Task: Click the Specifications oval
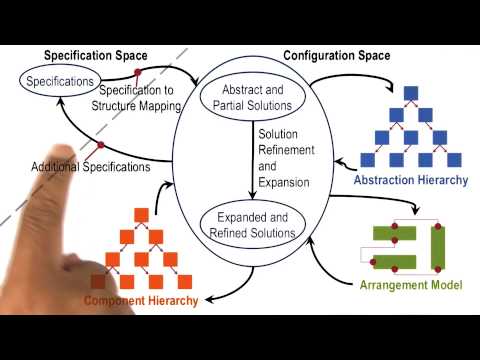tap(62, 79)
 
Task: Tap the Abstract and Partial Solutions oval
tap(243, 97)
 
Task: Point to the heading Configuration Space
tap(337, 55)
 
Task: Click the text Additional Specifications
tap(91, 166)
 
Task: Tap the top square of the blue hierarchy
tap(409, 93)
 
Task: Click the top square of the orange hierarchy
tap(141, 213)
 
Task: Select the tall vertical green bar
tap(435, 246)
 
